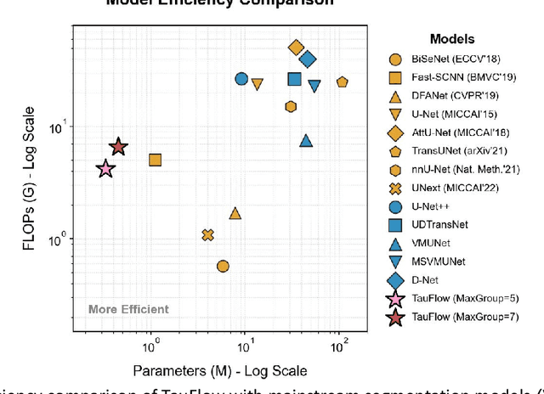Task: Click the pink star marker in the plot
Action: [105, 169]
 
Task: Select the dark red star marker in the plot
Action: [118, 148]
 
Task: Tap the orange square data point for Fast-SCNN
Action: [156, 160]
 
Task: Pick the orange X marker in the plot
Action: [207, 234]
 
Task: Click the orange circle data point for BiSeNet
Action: [223, 266]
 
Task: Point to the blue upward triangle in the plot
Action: [306, 140]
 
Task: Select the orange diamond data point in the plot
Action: [296, 48]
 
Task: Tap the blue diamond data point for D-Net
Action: [308, 59]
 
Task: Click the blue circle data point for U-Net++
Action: [241, 79]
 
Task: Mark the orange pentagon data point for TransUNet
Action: [342, 82]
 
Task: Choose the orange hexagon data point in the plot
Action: [291, 106]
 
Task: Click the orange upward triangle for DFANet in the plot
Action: [235, 213]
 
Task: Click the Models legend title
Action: [452, 39]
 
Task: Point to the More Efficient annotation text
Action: [128, 309]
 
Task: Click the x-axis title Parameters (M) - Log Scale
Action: [219, 371]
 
